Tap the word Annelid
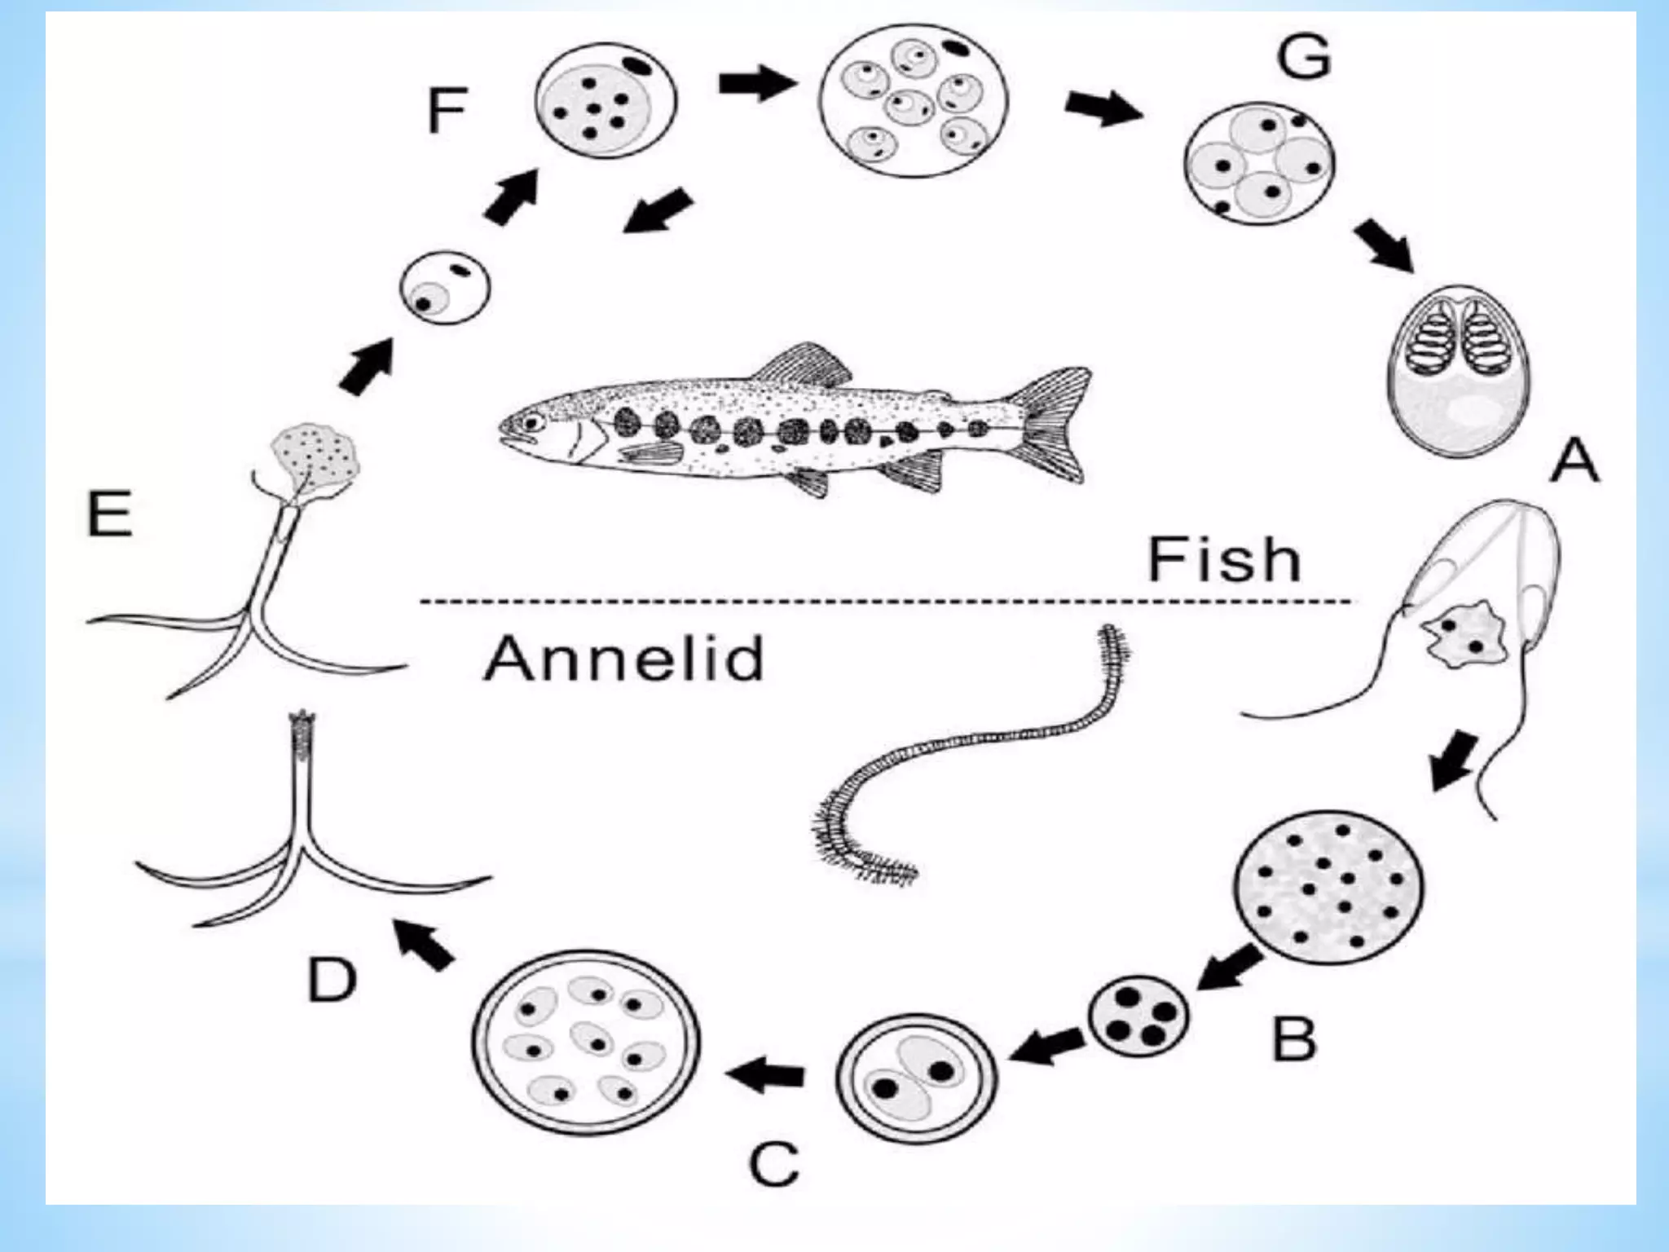(623, 658)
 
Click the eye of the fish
(534, 423)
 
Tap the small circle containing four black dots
(1138, 1015)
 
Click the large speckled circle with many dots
(1331, 889)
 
